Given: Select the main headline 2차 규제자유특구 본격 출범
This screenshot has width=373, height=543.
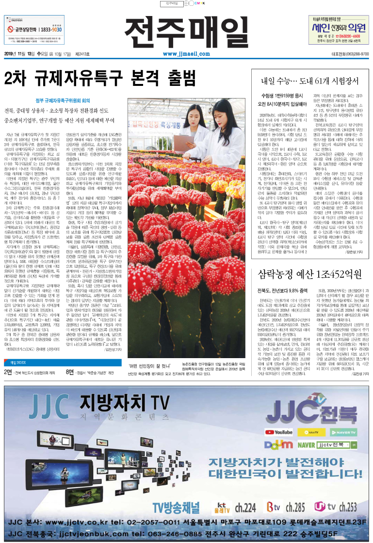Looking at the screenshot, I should [99, 77].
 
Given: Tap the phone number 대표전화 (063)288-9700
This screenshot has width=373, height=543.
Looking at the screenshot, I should [350, 54].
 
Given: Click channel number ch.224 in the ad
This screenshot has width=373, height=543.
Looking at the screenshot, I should [245, 508].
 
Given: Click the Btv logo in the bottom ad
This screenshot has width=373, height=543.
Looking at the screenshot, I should [274, 508].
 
